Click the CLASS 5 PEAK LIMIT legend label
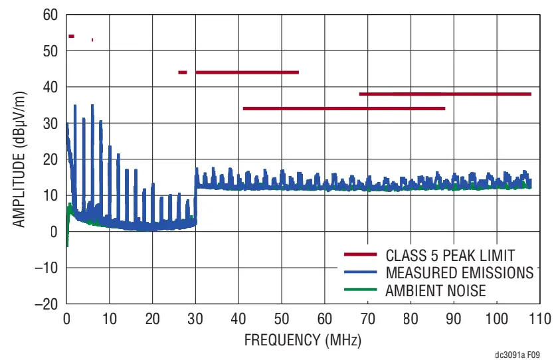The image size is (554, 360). (x=450, y=255)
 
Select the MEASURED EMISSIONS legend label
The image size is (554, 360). (x=458, y=273)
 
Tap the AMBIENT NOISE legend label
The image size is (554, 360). (x=435, y=291)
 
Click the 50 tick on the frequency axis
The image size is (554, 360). (x=282, y=317)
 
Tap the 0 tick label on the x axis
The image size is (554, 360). (x=66, y=317)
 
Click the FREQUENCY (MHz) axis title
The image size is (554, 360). (x=302, y=341)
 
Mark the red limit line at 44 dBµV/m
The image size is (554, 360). (x=247, y=72)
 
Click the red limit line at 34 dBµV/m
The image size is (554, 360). (x=343, y=108)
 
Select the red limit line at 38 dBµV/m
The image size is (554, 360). (x=445, y=94)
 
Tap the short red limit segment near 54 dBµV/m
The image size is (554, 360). (x=71, y=36)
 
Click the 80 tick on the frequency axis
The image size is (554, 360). (x=411, y=317)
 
